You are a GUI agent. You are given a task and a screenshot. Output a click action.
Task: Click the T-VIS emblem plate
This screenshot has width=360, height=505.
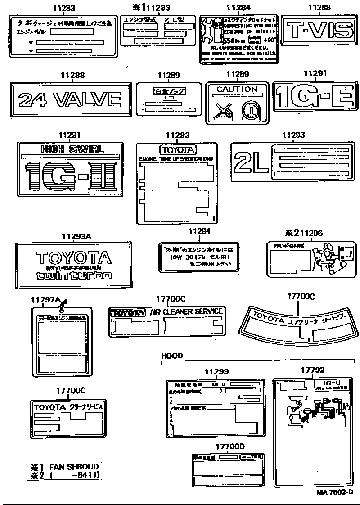point(320,30)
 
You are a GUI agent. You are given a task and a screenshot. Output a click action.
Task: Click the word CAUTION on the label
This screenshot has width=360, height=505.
point(237,90)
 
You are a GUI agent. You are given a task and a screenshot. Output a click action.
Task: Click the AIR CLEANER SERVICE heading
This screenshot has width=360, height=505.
point(185,311)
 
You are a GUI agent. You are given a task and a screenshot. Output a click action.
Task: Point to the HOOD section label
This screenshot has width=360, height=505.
point(172,356)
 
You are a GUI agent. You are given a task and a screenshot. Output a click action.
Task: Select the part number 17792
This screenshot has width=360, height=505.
point(313,370)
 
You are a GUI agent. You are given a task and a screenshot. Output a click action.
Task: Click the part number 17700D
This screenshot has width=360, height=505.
point(229,446)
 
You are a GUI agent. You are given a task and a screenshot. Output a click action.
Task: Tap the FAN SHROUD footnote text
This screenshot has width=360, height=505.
point(74,467)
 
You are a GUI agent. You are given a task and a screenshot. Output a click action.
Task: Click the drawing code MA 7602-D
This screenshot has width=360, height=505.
point(334,493)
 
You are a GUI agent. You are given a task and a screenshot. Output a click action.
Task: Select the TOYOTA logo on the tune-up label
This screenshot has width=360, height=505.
point(177,150)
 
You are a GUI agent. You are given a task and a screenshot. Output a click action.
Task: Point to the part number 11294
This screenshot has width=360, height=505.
point(199,231)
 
